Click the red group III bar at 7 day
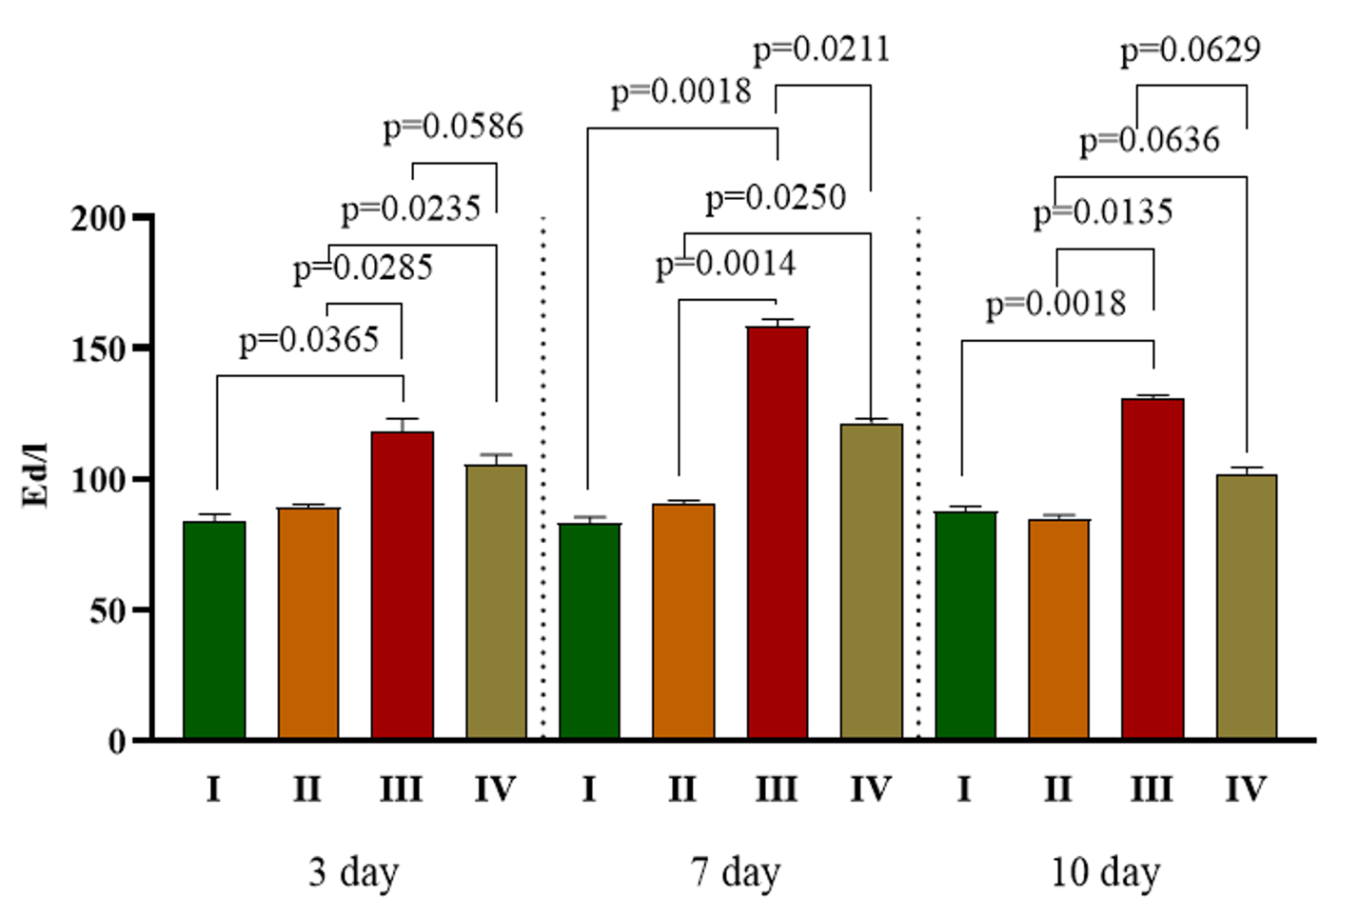[778, 533]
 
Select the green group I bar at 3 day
[214, 630]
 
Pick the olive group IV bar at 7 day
[871, 581]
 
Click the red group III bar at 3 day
[402, 586]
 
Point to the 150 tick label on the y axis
[99, 350]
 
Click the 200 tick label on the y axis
[99, 219]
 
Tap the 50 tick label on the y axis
[108, 611]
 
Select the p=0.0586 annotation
[453, 127]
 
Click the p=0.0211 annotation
[821, 50]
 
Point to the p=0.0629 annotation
[1190, 50]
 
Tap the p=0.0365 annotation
[308, 340]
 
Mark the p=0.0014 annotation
[725, 264]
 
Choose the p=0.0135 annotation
[1103, 212]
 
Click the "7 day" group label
[736, 872]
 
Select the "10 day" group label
[1105, 872]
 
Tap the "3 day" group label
[353, 872]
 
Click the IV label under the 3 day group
[495, 789]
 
